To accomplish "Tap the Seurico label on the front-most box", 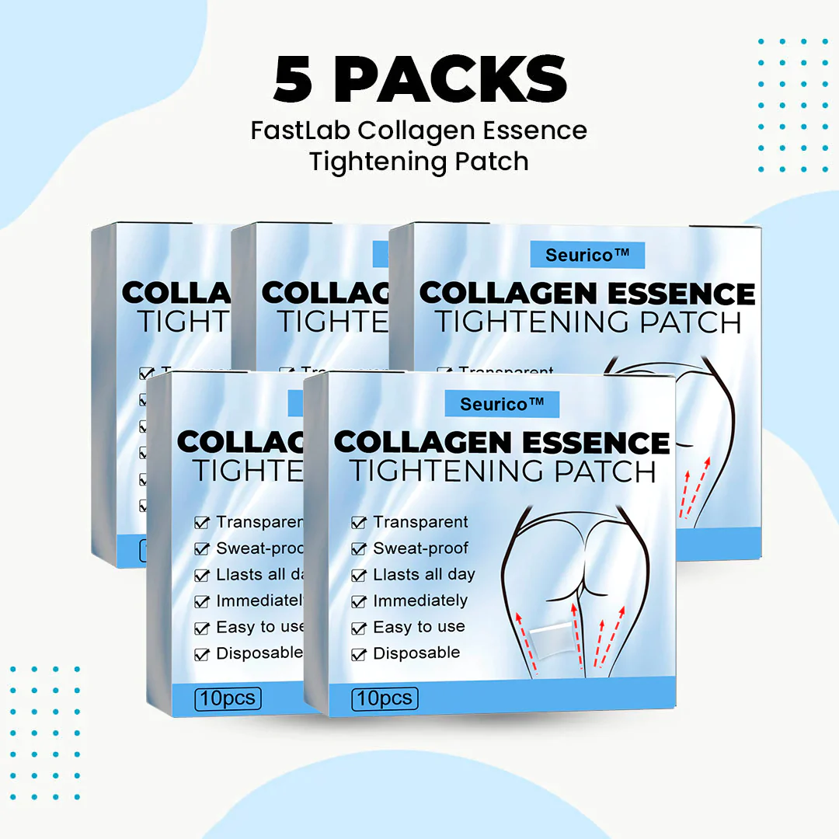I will coord(502,403).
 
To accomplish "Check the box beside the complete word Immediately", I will coord(358,601).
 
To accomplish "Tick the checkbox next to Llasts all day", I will coord(358,576).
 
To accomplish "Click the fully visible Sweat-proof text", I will coord(420,548).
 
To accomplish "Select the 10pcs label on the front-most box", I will coord(385,698).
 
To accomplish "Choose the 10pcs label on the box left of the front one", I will coord(228,698).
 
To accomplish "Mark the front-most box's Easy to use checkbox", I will coord(358,628).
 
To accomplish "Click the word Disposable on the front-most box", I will coord(416,653).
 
